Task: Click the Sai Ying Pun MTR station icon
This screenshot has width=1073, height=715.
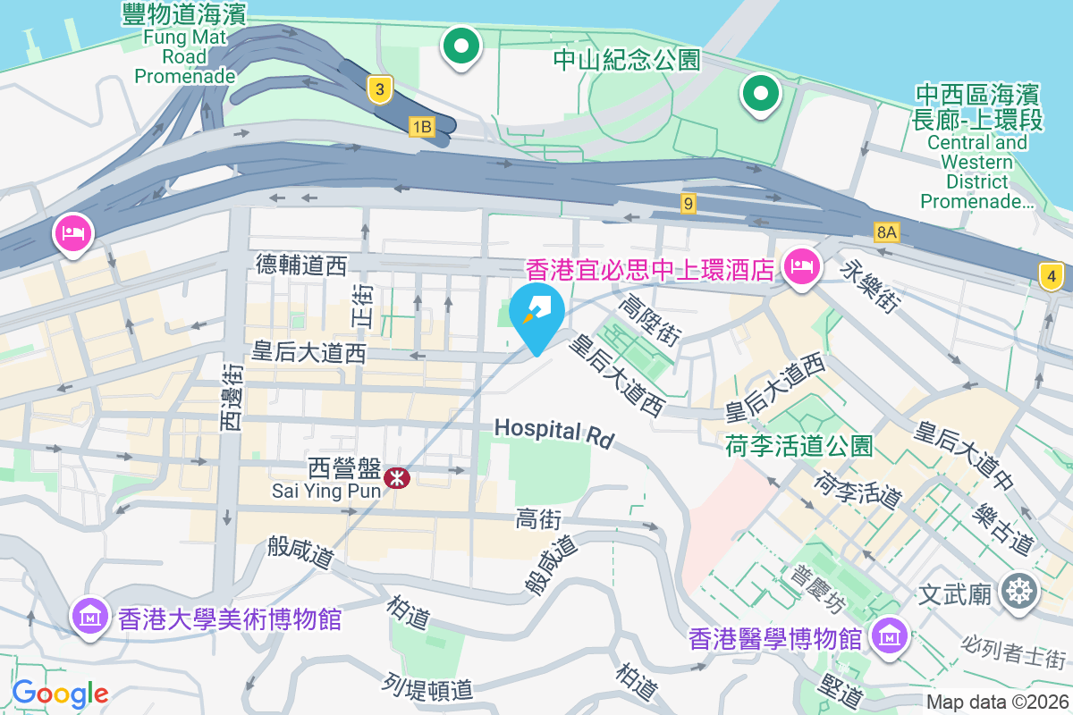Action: (x=396, y=478)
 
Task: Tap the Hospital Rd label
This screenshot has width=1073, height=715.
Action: (x=554, y=432)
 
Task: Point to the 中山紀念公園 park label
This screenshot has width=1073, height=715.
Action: (x=626, y=61)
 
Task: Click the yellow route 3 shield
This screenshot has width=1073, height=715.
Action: (x=380, y=89)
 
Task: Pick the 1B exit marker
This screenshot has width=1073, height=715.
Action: (x=421, y=127)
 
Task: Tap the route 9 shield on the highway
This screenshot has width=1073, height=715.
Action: (x=687, y=204)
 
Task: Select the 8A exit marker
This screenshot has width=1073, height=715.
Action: (x=885, y=233)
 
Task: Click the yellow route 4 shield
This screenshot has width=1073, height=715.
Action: (x=1052, y=277)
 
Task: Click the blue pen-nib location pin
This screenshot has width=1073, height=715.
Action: (x=536, y=313)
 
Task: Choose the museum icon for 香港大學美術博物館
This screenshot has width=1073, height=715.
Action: (x=90, y=616)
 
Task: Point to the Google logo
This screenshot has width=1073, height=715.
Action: (x=60, y=693)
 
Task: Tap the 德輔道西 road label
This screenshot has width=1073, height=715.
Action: (x=300, y=265)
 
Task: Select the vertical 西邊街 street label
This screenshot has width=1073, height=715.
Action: (x=231, y=398)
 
